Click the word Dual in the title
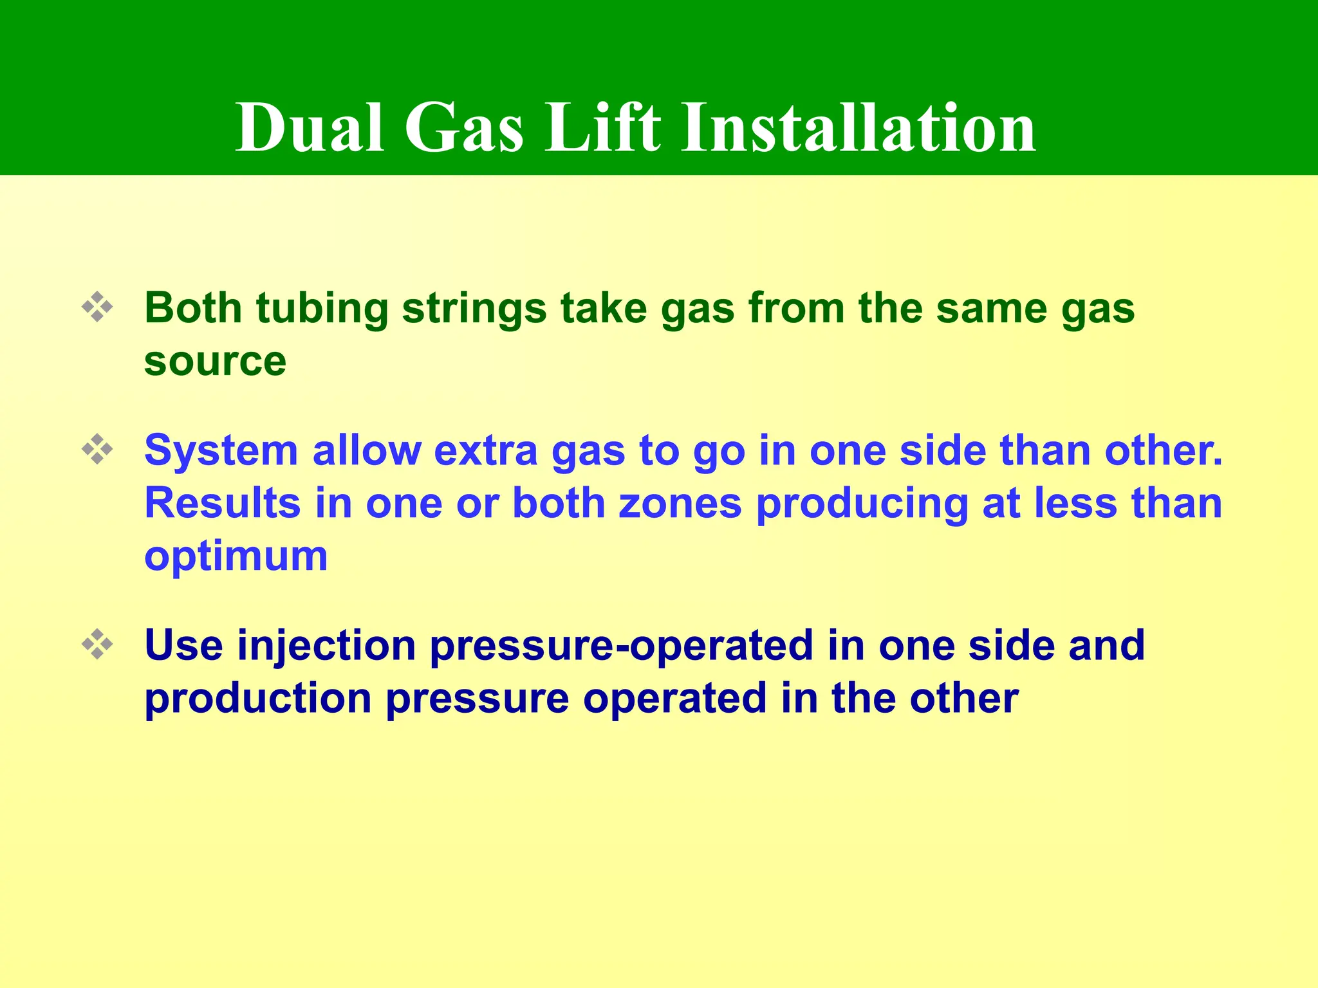[x=310, y=128]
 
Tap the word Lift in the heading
[x=602, y=128]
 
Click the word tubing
[x=322, y=309]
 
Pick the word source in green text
[x=215, y=361]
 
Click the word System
[x=221, y=450]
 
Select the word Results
[x=223, y=503]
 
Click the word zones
[x=680, y=503]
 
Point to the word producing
[x=862, y=504]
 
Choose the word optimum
[x=236, y=556]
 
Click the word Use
[x=183, y=645]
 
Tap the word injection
[x=326, y=646]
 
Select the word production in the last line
[x=258, y=699]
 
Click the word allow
[x=366, y=450]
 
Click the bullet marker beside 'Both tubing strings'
[x=97, y=307]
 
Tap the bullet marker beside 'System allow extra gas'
[x=97, y=450]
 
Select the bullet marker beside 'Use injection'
[x=97, y=645]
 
